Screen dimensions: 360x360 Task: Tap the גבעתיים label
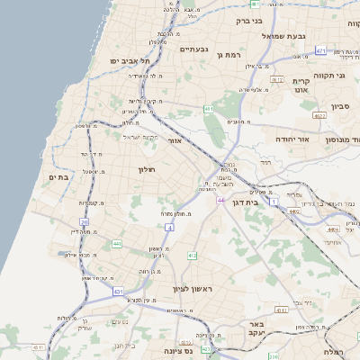pos(193,49)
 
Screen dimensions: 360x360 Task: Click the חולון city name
pos(147,170)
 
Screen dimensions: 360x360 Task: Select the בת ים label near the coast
pos(58,177)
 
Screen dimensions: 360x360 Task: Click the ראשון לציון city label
pos(196,289)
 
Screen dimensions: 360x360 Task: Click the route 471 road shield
pos(321,51)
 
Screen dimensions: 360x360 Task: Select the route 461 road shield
pos(208,109)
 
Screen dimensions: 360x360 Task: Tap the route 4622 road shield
pos(319,115)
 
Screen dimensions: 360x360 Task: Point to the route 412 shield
pos(192,256)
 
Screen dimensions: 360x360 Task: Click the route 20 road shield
pos(84,221)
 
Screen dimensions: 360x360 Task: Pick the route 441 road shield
pos(116,244)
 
